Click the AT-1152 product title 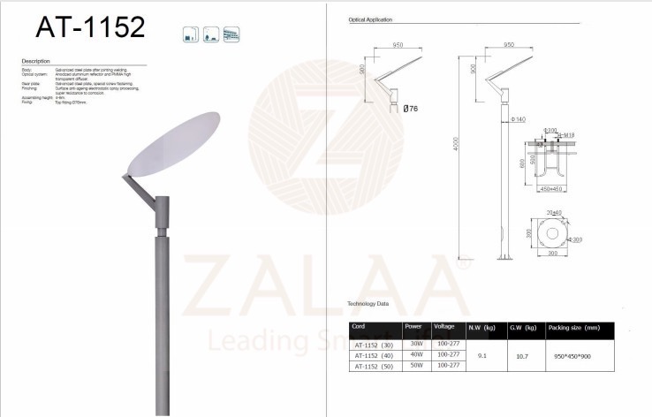89,27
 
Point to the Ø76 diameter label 411,109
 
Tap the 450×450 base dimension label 551,188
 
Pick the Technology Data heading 367,303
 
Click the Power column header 413,326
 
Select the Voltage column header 444,326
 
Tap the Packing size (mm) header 575,327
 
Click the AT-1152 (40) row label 373,355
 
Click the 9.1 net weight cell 482,354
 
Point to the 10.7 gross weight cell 522,354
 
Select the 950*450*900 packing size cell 572,354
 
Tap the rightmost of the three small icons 231,34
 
